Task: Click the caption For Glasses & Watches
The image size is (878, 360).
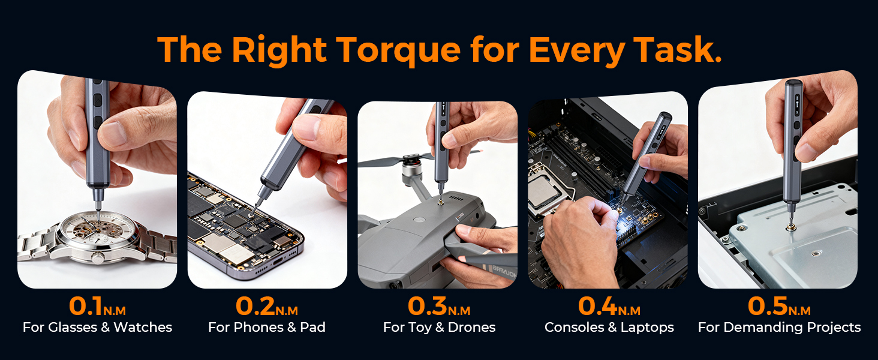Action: point(97,328)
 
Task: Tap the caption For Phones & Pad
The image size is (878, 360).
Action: point(266,328)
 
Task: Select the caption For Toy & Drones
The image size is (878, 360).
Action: point(439,328)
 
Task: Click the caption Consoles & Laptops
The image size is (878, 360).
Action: point(609,328)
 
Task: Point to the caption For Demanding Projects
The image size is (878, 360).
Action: point(779,328)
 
